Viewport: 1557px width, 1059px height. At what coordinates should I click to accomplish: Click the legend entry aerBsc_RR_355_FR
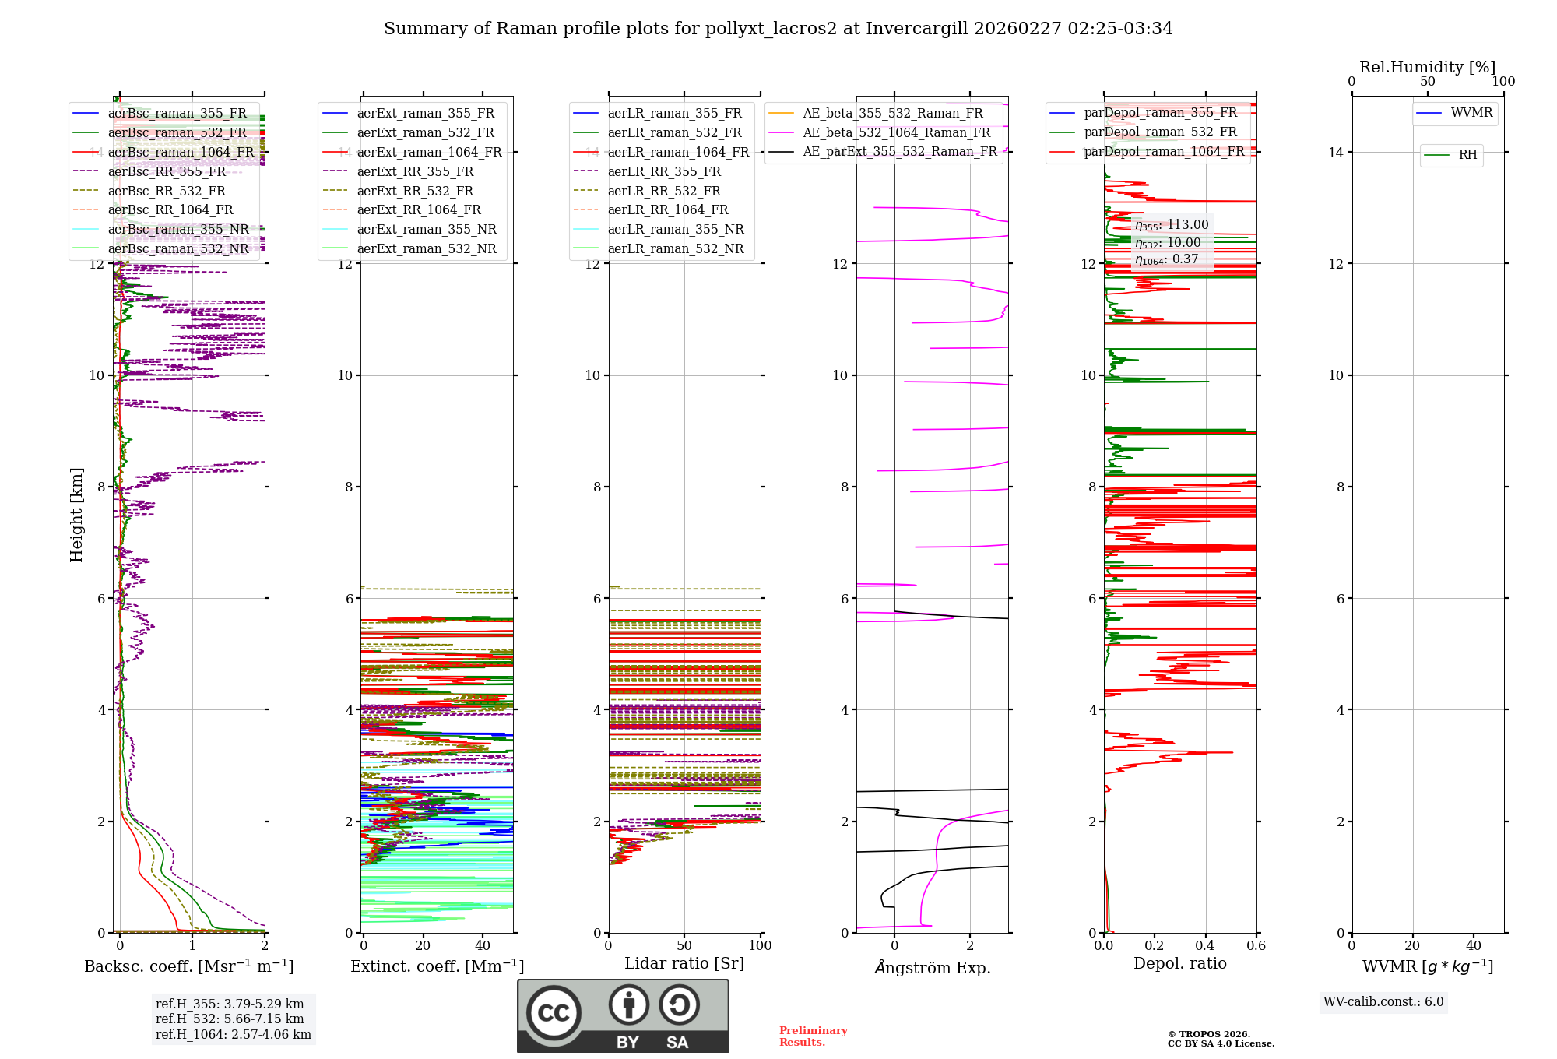click(167, 171)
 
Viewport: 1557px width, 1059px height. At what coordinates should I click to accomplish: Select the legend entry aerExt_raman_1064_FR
click(429, 152)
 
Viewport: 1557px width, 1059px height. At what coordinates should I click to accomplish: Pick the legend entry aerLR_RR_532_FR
click(664, 191)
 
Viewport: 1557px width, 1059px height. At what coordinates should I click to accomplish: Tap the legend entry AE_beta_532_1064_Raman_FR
click(896, 132)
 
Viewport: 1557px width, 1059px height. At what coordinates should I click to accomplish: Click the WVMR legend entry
click(1471, 113)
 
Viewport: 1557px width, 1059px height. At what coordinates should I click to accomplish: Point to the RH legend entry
click(1467, 155)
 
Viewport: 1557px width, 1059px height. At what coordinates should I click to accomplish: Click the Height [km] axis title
click(76, 515)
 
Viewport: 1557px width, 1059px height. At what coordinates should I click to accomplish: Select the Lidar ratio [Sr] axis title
click(684, 963)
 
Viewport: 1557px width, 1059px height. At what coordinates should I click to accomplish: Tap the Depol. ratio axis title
click(1179, 963)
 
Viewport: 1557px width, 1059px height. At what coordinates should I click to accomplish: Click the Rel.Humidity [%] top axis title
click(1427, 67)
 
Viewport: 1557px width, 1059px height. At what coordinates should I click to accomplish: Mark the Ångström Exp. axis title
click(932, 967)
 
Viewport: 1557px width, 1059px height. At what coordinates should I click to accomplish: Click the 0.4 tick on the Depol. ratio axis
click(1205, 945)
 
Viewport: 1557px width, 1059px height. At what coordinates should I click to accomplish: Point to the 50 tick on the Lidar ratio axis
click(684, 945)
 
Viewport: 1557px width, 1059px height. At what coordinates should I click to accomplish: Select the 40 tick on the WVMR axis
click(1474, 945)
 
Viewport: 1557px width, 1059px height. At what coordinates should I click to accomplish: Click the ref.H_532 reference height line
click(230, 1019)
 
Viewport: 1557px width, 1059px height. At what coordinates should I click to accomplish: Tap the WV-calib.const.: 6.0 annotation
click(1383, 1002)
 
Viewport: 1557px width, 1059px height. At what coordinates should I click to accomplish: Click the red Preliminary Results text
click(813, 1036)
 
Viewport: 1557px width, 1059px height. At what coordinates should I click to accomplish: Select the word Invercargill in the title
click(917, 29)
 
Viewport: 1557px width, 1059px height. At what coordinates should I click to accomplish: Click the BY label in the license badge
click(627, 1043)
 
